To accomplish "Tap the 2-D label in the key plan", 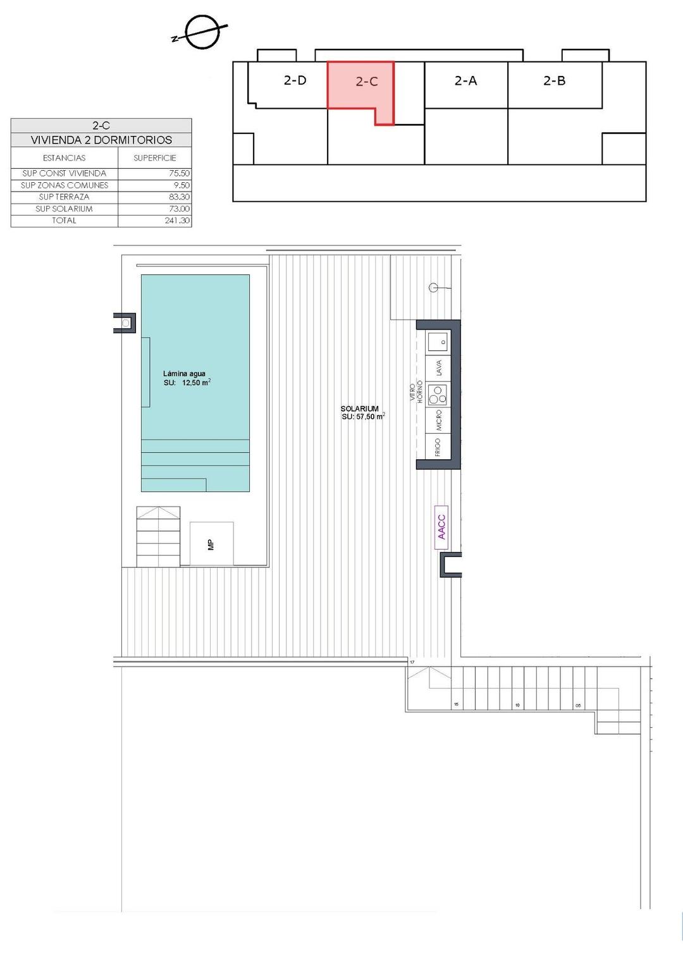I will click(x=295, y=80).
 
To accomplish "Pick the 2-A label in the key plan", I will click(x=465, y=80).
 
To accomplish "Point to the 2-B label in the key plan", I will click(x=554, y=80).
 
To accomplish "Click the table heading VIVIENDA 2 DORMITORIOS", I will click(x=101, y=140).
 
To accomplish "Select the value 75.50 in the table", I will click(x=179, y=173).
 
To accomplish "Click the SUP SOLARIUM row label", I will click(x=64, y=209).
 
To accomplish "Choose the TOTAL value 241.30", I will click(x=177, y=221).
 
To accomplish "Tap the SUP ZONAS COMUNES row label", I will click(x=65, y=185).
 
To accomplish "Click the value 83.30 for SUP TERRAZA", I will click(x=179, y=197).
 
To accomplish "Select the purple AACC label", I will click(x=441, y=527).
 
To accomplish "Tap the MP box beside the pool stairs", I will click(x=211, y=544).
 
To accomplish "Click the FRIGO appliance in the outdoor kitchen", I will click(x=438, y=448).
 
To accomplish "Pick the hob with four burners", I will click(x=438, y=395).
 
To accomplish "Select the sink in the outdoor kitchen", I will click(x=438, y=342).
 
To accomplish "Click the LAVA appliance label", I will click(x=438, y=368).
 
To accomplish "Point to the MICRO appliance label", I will click(x=438, y=421).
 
